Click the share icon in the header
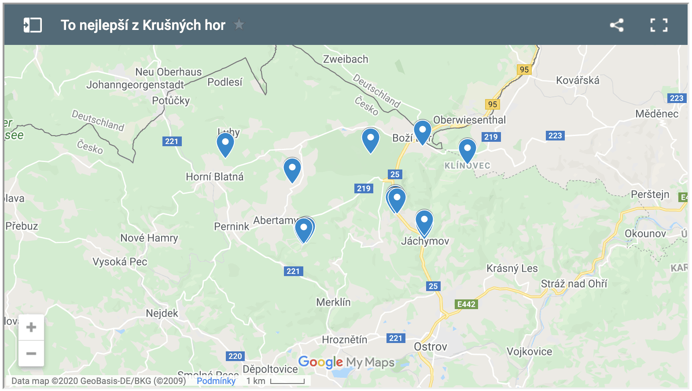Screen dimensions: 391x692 coord(617,25)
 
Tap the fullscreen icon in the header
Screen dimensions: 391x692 coord(659,25)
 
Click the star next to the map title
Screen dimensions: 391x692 coord(239,25)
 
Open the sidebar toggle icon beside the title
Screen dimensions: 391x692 coord(33,25)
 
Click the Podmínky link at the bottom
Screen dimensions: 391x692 coord(216,381)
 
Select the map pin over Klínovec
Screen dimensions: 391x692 coord(467,150)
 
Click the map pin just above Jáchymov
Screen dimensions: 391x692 coord(424,221)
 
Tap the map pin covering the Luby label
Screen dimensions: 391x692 coord(225,144)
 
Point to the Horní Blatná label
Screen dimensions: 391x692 coord(214,177)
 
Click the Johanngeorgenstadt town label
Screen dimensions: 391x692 coord(135,85)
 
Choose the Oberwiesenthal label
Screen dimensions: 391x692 coord(470,120)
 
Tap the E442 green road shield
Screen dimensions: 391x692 coord(466,304)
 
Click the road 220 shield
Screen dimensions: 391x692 coord(235,356)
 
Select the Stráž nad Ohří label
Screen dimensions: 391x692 coord(574,284)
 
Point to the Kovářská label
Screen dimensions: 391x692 coord(578,80)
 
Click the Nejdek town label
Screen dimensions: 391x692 coord(162,313)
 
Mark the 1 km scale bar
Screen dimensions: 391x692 coord(287,381)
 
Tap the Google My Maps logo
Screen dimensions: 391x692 coord(346,362)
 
